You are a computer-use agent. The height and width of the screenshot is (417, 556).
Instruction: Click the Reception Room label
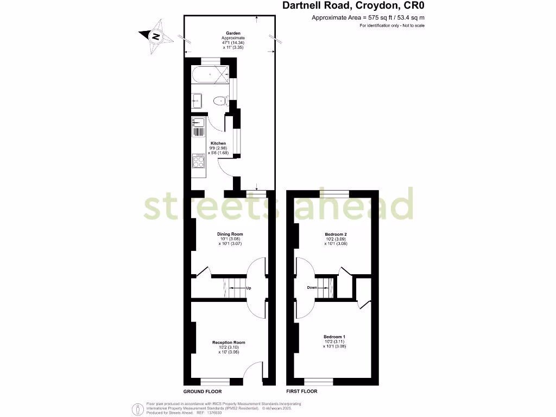(x=229, y=343)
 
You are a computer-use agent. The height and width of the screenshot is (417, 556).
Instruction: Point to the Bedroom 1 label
(x=335, y=336)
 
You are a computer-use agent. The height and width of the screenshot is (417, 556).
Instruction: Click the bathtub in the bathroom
(x=210, y=74)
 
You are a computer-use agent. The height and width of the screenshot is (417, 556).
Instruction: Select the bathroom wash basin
(x=197, y=100)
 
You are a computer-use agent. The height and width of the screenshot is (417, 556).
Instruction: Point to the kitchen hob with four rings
(x=198, y=161)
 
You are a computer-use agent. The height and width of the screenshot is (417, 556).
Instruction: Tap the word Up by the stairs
(x=248, y=288)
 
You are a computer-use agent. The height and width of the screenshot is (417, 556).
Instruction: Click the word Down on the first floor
(x=312, y=288)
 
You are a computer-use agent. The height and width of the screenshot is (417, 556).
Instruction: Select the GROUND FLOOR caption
(x=203, y=391)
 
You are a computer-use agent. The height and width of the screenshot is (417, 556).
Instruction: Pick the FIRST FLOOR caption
(x=302, y=391)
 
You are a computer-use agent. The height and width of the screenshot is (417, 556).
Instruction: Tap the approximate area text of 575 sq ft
(x=368, y=18)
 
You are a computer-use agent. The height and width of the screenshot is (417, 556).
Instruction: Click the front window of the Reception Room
(x=215, y=381)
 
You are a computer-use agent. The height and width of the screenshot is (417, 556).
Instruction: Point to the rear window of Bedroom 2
(x=334, y=193)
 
